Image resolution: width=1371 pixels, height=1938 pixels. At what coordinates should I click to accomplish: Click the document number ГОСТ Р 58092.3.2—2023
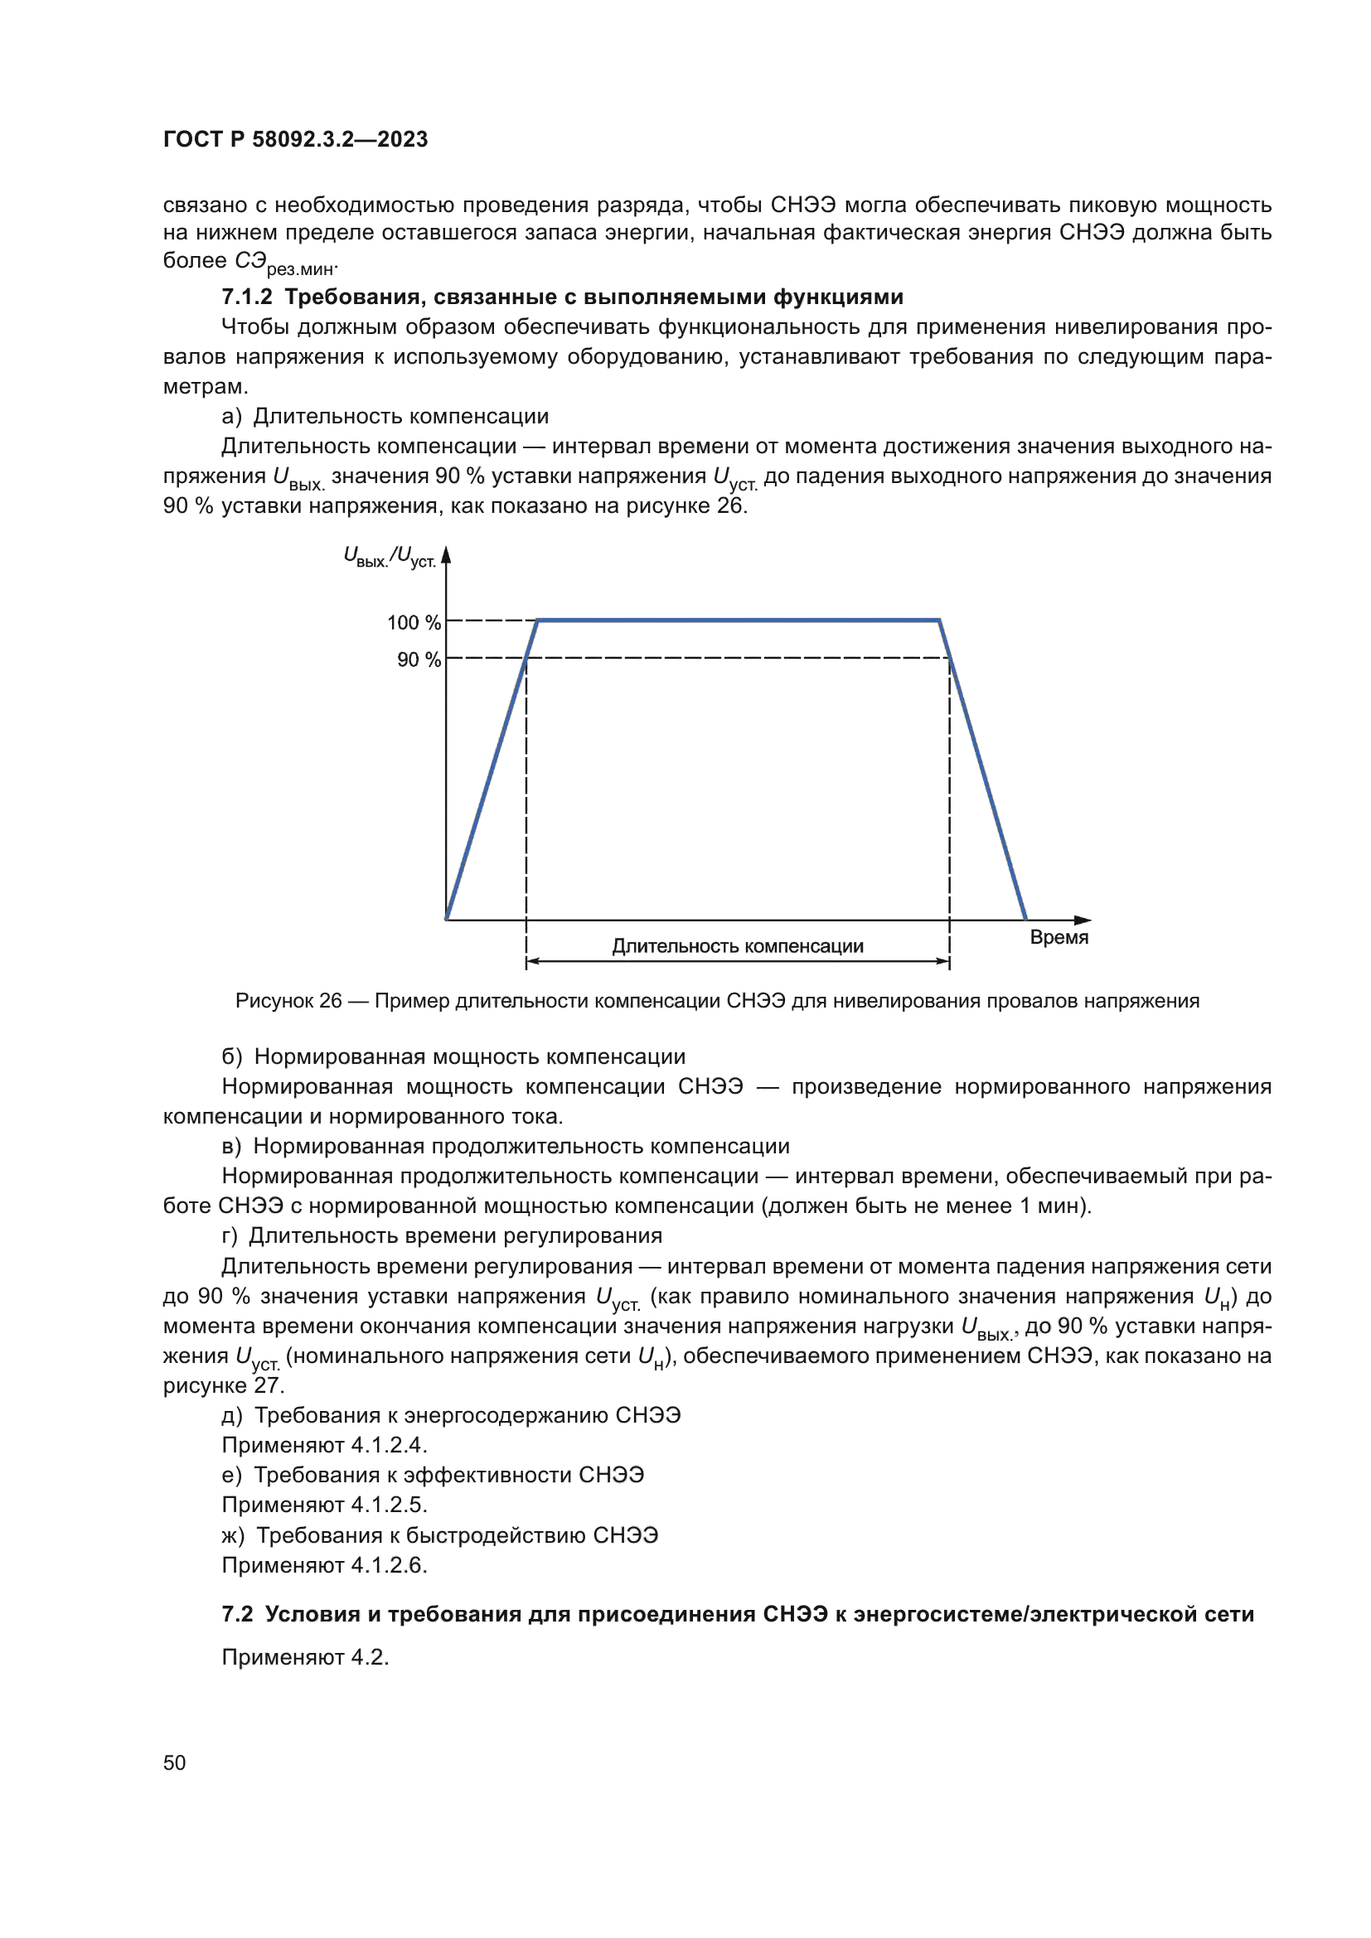295,139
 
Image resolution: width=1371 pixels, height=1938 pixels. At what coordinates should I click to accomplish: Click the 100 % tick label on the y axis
414,622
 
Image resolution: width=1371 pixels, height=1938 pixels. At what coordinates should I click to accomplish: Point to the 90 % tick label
419,660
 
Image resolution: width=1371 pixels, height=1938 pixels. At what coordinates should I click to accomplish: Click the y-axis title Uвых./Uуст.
390,557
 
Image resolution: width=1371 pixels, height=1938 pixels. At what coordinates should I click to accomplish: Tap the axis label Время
1059,937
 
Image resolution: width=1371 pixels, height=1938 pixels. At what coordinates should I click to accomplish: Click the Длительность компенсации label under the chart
737,946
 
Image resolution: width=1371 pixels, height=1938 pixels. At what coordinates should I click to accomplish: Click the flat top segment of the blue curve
739,621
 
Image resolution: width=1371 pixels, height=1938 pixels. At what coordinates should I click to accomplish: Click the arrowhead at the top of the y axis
447,554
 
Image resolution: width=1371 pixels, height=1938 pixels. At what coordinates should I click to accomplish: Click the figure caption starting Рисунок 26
717,1001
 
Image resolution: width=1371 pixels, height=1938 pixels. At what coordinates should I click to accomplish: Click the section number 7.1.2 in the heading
246,297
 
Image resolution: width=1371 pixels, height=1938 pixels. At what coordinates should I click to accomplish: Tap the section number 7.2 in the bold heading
237,1614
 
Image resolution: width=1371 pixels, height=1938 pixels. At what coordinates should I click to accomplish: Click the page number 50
174,1762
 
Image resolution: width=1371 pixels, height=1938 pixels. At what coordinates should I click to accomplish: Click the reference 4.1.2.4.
390,1444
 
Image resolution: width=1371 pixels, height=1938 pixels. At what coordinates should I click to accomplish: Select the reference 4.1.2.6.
390,1565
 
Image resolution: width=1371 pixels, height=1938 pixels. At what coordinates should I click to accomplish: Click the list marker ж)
233,1534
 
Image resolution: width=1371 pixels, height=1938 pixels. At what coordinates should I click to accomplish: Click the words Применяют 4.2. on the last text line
305,1657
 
